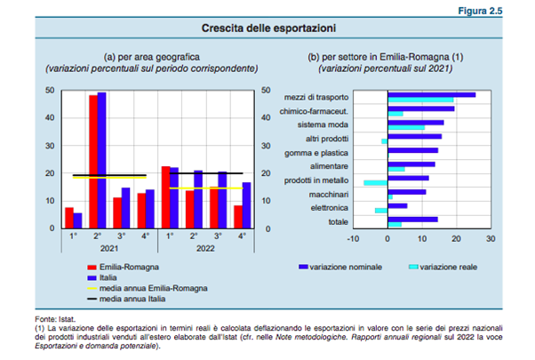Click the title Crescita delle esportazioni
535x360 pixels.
pyautogui.click(x=267, y=28)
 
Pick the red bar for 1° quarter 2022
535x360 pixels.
pyautogui.click(x=165, y=196)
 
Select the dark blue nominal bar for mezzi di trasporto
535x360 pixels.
pyautogui.click(x=431, y=94)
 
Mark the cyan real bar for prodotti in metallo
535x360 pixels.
pyautogui.click(x=375, y=182)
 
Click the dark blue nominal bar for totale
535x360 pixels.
pyautogui.click(x=412, y=219)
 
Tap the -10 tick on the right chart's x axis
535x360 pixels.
pyautogui.click(x=353, y=238)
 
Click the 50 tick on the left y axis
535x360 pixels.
pyautogui.click(x=50, y=90)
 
